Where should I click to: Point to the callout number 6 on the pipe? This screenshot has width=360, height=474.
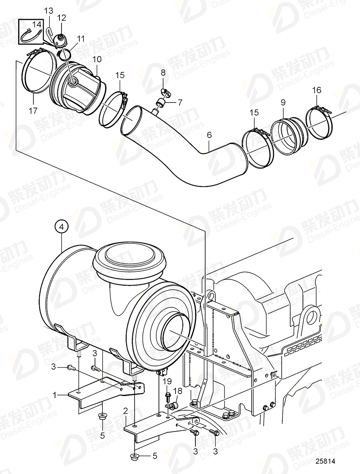(x=209, y=135)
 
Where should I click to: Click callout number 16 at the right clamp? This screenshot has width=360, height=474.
(x=316, y=91)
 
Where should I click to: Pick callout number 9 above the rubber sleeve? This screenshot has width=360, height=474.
(x=283, y=103)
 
